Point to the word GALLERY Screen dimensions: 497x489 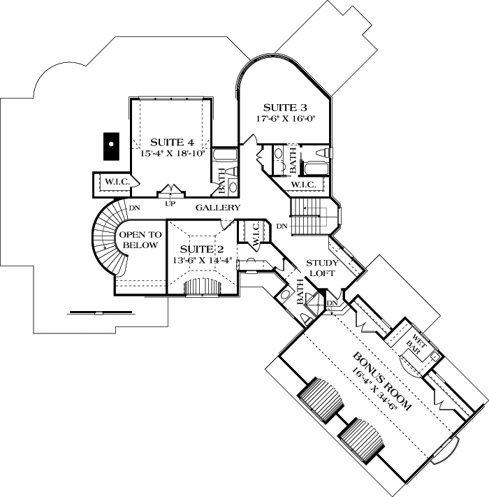[x=218, y=208]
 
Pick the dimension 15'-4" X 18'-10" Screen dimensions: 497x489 [x=172, y=153]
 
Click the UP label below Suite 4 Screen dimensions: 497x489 [x=170, y=204]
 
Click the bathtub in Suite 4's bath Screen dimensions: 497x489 [x=224, y=155]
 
